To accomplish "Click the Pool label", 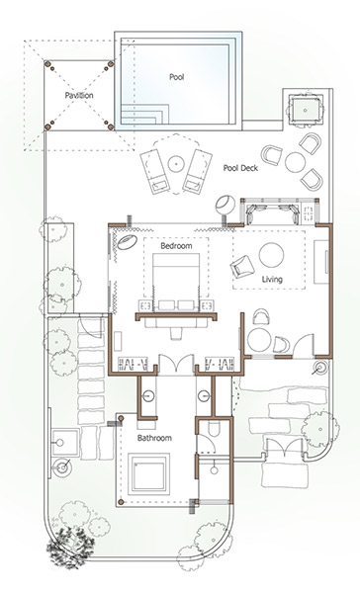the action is [x=176, y=77].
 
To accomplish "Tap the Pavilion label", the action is [x=79, y=95].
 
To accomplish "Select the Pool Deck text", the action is [x=240, y=168].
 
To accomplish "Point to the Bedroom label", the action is [x=176, y=246].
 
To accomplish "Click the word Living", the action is [x=272, y=280].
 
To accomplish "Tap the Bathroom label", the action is [x=154, y=438].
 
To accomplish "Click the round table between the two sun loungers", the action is [x=176, y=163].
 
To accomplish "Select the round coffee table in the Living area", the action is [x=271, y=255].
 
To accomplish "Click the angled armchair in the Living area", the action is [x=242, y=266].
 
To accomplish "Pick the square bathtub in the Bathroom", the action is [x=148, y=473].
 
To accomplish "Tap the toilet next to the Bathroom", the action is [x=214, y=429].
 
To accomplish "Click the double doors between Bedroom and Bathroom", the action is [x=176, y=364].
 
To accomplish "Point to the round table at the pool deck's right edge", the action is [x=296, y=162].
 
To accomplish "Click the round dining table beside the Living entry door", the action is [x=259, y=340].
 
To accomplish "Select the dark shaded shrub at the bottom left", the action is [x=70, y=544].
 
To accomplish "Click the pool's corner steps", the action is [x=144, y=115].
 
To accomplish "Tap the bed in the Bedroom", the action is [x=176, y=282].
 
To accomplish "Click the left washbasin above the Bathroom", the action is [x=147, y=396].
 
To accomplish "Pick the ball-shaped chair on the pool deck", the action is [x=225, y=205].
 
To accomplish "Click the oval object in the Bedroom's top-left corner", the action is [x=127, y=242].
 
